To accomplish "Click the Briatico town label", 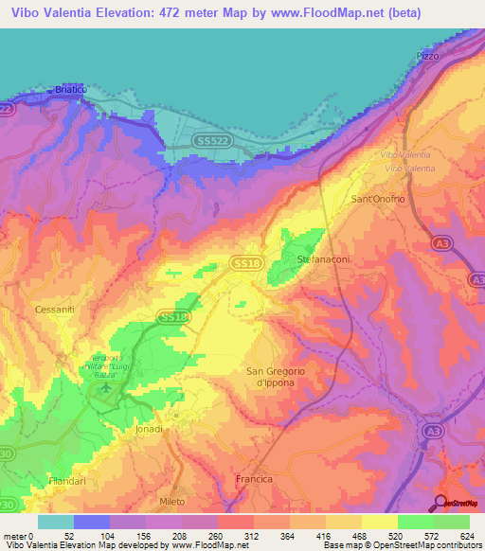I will click(x=70, y=89).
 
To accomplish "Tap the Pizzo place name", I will click(x=429, y=57).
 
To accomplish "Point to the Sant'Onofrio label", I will click(x=379, y=200).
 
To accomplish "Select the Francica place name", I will click(x=253, y=479).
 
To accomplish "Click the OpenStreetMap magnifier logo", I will click(x=440, y=502).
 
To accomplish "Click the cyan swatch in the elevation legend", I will click(x=55, y=522).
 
